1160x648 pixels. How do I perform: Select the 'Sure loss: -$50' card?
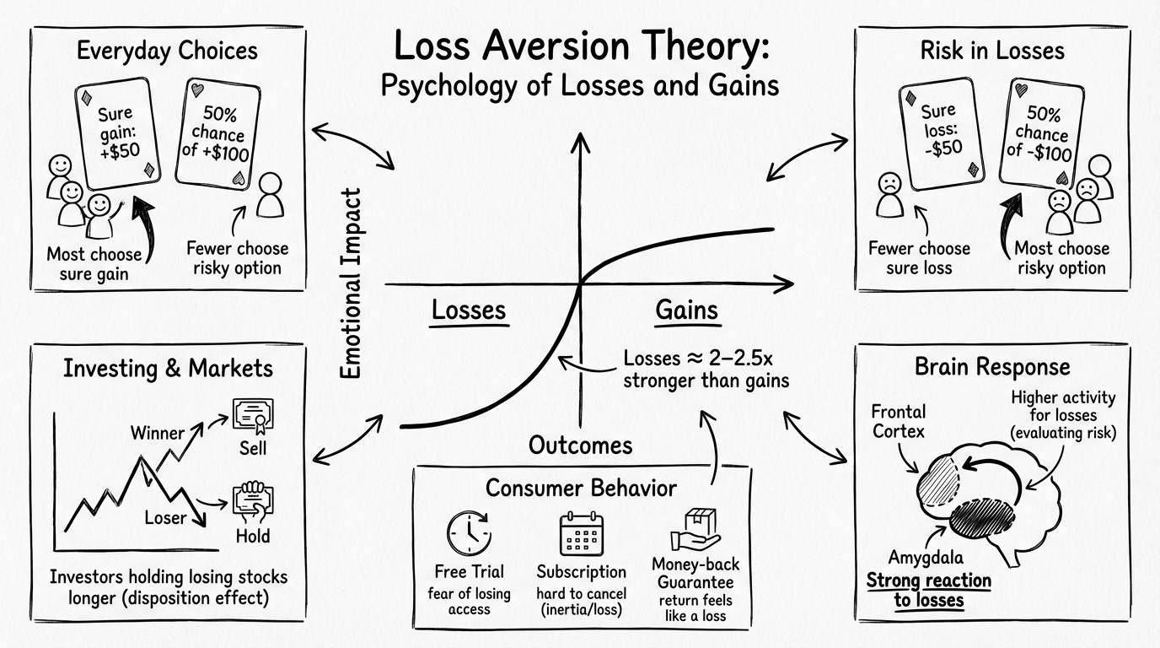(938, 133)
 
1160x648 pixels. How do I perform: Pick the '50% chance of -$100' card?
(1043, 133)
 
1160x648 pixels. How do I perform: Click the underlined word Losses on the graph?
(469, 310)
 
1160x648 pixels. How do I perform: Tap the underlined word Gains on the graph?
(687, 310)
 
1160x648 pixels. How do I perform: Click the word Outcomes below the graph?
(580, 445)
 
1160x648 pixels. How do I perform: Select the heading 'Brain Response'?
(992, 367)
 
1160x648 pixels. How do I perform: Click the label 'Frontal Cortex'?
(898, 422)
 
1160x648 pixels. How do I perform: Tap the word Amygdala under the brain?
(926, 557)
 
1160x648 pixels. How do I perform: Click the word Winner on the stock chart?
(157, 434)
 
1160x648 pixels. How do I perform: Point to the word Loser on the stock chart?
(164, 517)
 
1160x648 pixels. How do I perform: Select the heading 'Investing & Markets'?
(168, 369)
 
